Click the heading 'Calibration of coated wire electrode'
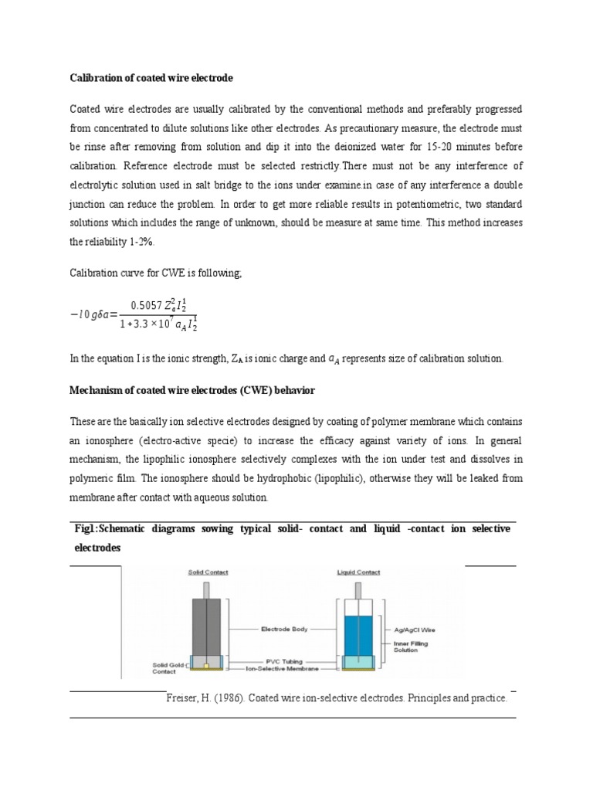point(151,79)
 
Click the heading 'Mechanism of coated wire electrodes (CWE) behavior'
point(192,392)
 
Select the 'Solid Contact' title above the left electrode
point(208,572)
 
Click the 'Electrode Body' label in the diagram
point(284,630)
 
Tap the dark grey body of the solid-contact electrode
point(207,618)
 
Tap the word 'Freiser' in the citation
point(183,698)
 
